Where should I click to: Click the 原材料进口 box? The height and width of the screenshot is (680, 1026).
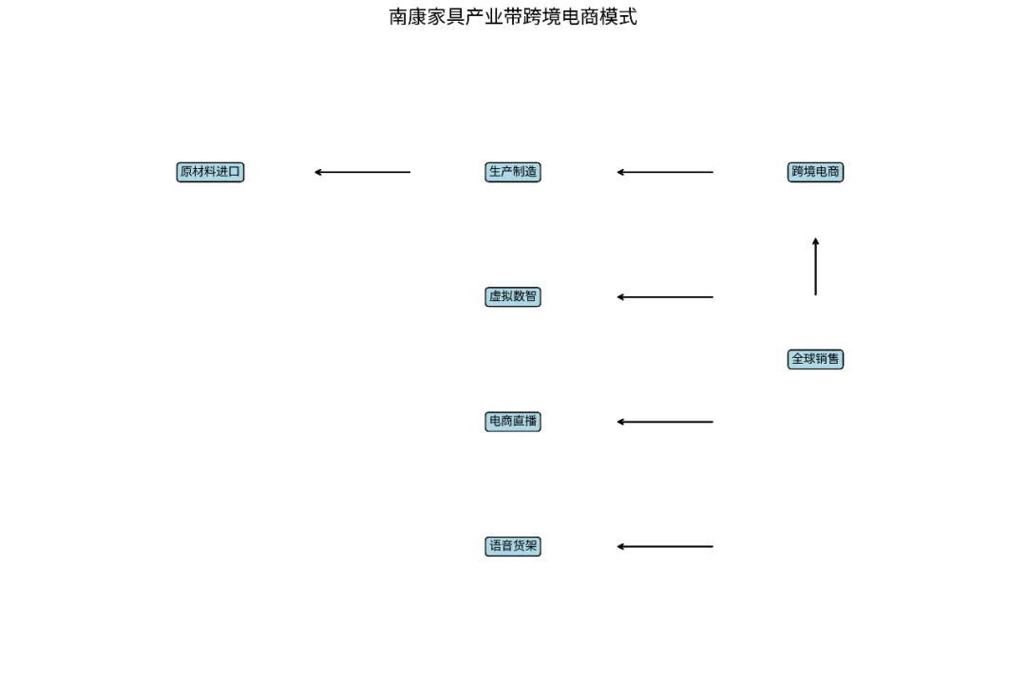210,172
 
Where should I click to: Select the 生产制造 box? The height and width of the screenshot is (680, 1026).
513,172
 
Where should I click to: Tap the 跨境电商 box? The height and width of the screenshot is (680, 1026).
815,172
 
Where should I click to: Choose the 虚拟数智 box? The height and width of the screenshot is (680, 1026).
513,296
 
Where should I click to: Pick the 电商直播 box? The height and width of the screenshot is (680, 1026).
513,422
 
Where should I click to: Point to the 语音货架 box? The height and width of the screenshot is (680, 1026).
513,546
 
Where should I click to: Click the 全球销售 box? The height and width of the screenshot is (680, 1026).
815,359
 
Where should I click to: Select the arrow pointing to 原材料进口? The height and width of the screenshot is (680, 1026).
362,172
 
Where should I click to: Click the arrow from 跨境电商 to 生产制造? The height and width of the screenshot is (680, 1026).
665,172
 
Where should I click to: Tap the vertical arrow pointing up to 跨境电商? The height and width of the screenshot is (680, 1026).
815,267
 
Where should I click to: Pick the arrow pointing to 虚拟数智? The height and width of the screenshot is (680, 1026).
665,297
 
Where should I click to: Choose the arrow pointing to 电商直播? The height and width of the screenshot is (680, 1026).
665,422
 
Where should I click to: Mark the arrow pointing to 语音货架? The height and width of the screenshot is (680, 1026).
665,546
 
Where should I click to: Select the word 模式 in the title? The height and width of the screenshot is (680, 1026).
618,16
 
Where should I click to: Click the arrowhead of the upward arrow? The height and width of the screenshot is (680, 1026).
815,242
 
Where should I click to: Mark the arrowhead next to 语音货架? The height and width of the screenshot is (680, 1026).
621,546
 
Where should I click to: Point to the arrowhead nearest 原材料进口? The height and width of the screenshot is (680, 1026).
319,172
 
